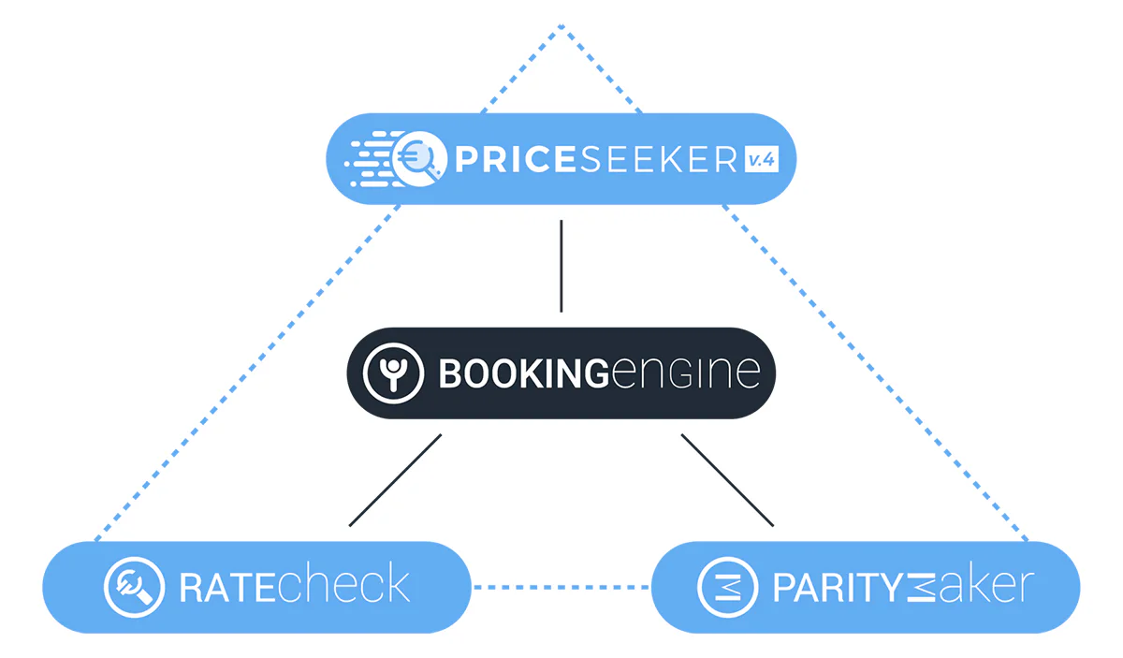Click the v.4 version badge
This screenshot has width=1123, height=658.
coord(762,159)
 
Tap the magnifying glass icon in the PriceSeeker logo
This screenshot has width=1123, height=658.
coord(418,158)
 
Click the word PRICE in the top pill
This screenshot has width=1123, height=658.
coord(515,159)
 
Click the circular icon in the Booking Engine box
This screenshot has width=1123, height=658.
coord(393,373)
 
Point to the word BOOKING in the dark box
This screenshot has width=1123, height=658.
coord(524,373)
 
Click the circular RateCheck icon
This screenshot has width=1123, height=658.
coord(135,587)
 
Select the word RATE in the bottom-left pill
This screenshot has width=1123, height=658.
coord(228,588)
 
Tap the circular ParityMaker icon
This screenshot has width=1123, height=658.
coord(727,587)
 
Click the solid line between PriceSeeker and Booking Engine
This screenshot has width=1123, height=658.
coord(561,267)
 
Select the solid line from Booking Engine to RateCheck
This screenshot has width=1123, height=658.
coord(395,480)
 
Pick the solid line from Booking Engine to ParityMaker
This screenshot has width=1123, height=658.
coord(727,480)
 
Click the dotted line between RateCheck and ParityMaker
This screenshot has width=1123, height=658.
coord(561,587)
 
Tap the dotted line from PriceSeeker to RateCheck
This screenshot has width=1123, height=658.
coord(248,373)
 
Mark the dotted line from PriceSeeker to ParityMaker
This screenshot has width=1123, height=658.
coord(875,373)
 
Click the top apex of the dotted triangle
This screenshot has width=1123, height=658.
coord(561,25)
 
